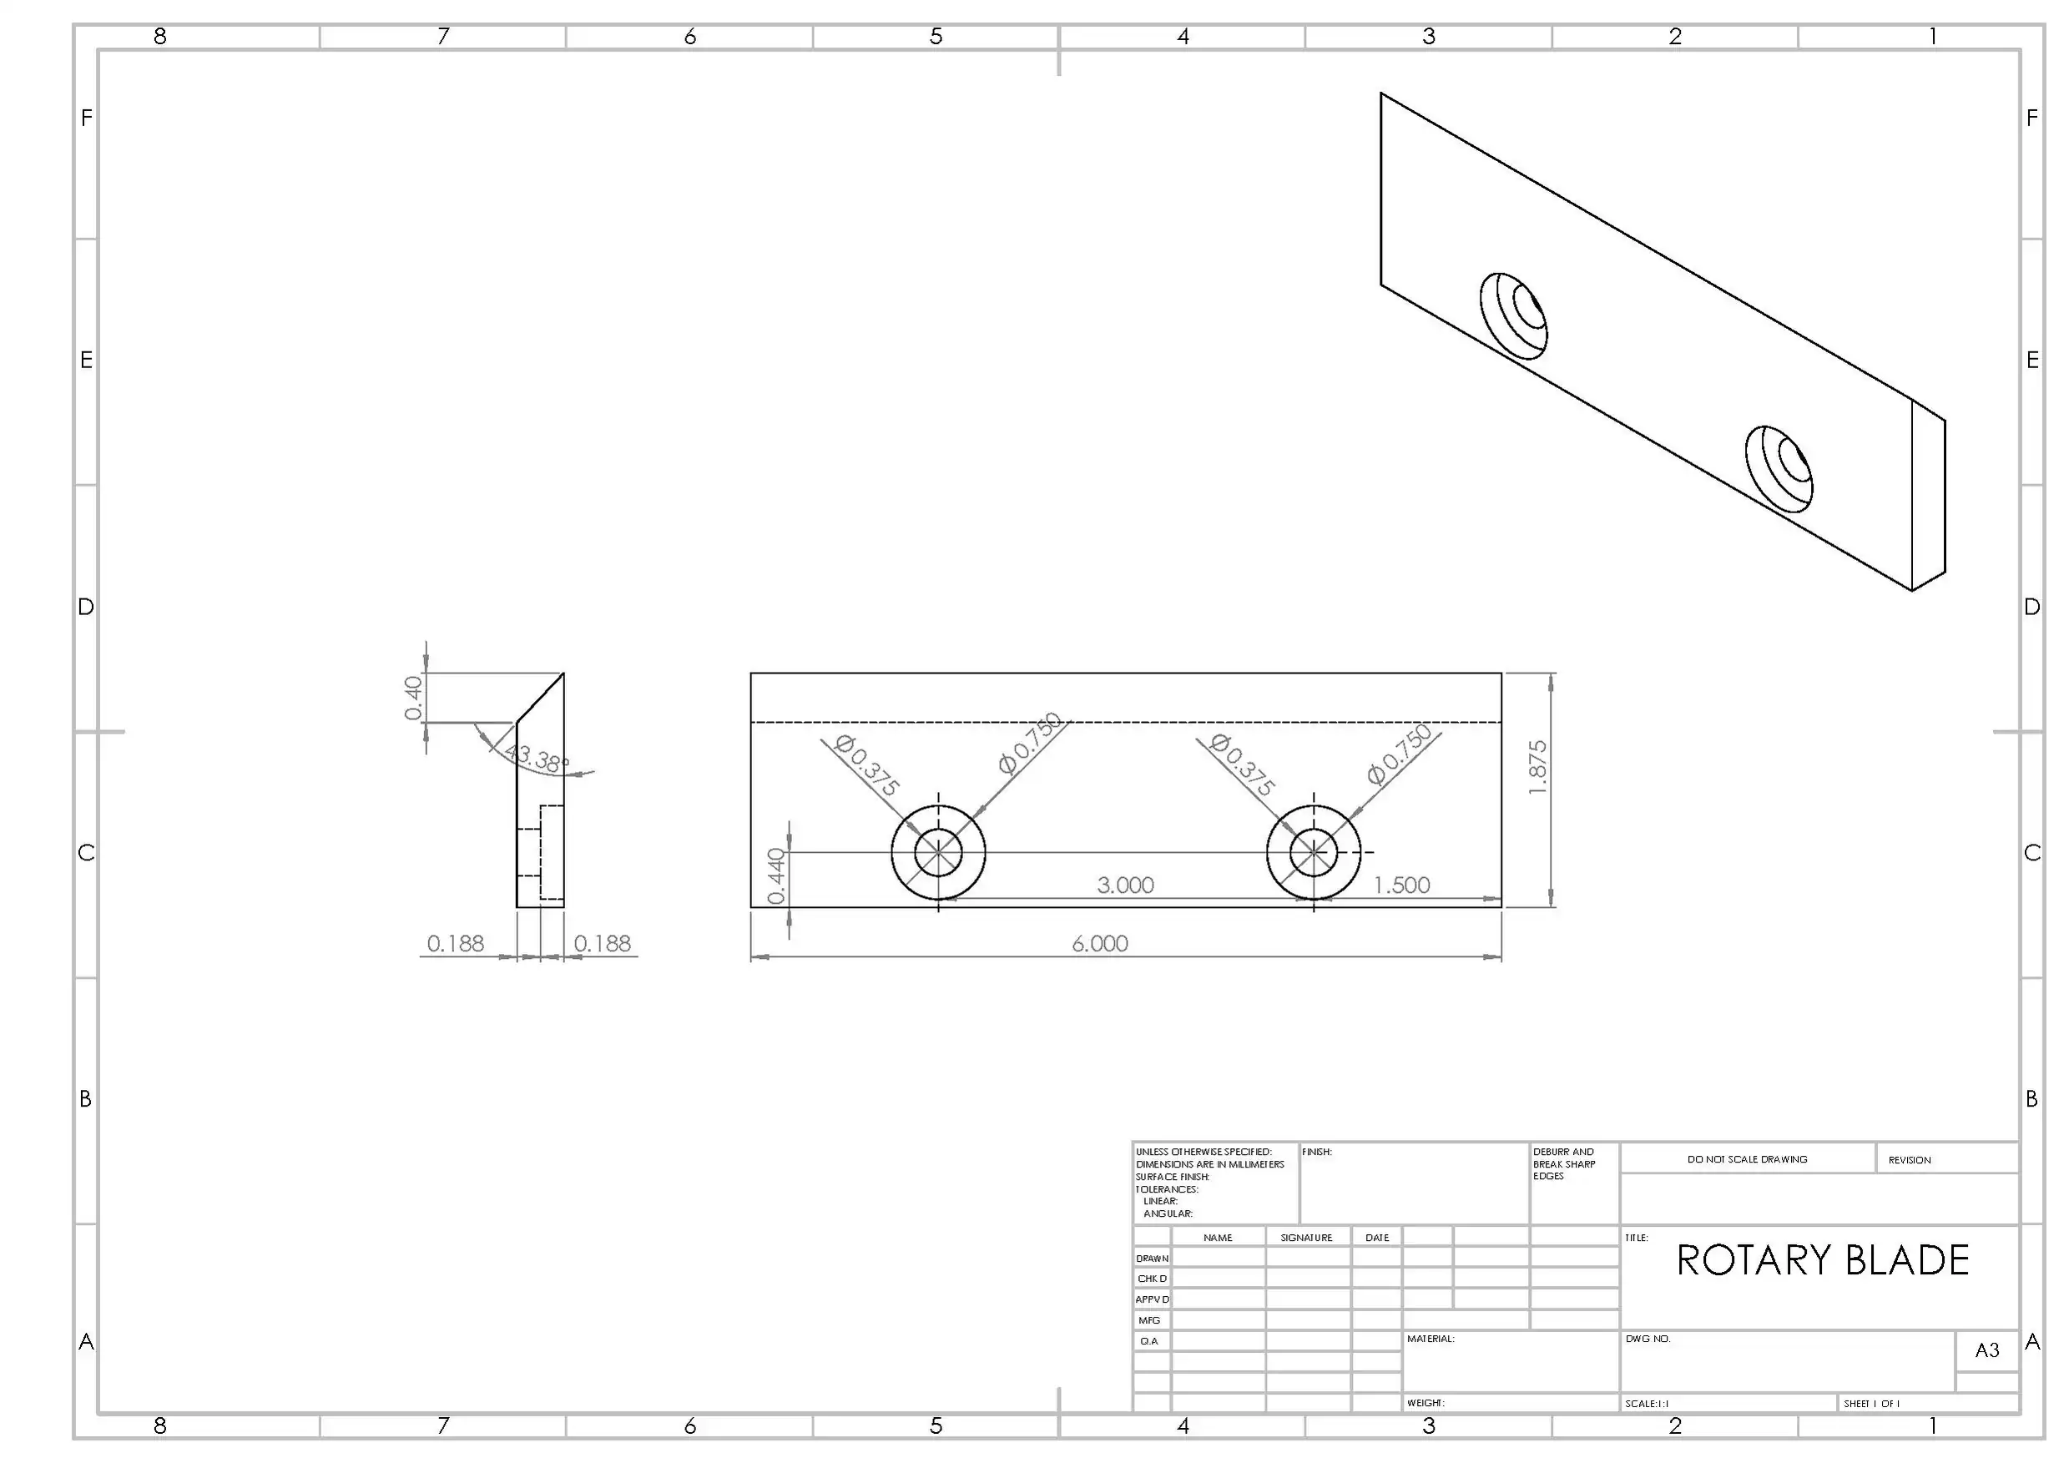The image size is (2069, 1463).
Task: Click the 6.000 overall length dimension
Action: click(x=1099, y=943)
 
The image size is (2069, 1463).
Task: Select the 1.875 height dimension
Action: click(x=1537, y=768)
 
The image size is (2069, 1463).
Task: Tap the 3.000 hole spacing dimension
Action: click(x=1126, y=885)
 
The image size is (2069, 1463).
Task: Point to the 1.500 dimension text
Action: click(x=1401, y=885)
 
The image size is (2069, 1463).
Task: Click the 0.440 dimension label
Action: click(x=776, y=875)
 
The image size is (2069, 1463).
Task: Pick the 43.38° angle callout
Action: click(x=537, y=758)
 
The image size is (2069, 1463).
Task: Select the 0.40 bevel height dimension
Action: click(x=413, y=699)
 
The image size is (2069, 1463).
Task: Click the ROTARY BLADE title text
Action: click(x=1822, y=1260)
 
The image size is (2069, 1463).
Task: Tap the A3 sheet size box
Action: click(x=1987, y=1349)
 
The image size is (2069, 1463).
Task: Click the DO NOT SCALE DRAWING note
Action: click(x=1748, y=1159)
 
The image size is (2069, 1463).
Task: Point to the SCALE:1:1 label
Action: click(x=1647, y=1404)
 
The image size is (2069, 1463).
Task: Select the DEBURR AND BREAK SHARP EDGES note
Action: click(x=1563, y=1164)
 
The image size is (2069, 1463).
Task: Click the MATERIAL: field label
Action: click(x=1431, y=1339)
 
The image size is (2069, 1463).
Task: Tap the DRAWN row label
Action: click(x=1153, y=1259)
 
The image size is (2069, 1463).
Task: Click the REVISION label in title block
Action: click(x=1910, y=1160)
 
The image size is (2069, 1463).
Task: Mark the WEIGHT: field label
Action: click(x=1426, y=1403)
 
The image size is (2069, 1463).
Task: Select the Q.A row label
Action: click(x=1149, y=1341)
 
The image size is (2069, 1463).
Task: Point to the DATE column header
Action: click(x=1377, y=1238)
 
